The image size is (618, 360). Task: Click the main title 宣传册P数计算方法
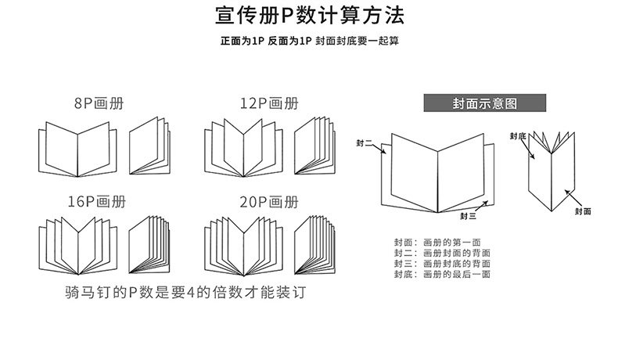310,16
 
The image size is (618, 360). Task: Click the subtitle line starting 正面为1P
310,41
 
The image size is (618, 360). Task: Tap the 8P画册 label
99,103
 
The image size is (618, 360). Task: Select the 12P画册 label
269,103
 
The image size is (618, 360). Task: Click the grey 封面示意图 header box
482,103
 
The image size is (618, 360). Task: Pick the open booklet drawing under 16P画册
77,243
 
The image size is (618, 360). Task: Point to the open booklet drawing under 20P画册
243,243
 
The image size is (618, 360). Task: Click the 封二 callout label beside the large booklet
364,143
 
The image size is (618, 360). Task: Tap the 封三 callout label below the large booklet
468,215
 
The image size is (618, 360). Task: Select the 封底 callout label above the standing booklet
517,135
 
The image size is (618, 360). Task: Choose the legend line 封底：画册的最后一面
442,275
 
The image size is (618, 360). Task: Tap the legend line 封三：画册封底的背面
442,265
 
